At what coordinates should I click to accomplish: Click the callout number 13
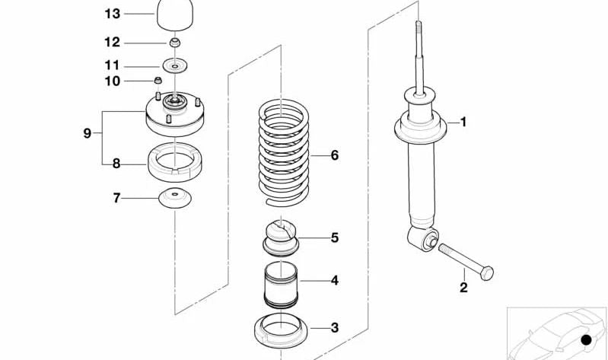click(x=113, y=14)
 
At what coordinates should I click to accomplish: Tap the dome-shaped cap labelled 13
click(x=175, y=14)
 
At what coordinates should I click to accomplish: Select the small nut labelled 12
click(x=175, y=43)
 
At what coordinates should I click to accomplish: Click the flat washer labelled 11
click(x=175, y=66)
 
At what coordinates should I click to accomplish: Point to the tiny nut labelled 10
click(x=158, y=81)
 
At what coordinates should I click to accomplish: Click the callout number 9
click(x=88, y=133)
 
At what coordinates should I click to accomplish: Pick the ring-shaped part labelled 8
click(x=175, y=162)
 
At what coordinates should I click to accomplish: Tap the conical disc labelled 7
click(x=175, y=198)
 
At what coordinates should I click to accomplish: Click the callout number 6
click(x=335, y=155)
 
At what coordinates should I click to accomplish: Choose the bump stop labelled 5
click(x=281, y=237)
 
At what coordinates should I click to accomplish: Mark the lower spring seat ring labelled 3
click(x=281, y=330)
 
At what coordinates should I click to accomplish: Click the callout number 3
click(x=335, y=328)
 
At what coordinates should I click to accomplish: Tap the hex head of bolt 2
click(x=487, y=273)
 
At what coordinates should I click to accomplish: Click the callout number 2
click(x=463, y=288)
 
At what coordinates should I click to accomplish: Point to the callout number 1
click(x=463, y=123)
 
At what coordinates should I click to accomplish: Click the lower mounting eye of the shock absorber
click(x=423, y=238)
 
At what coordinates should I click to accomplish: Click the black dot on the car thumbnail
click(x=586, y=339)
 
